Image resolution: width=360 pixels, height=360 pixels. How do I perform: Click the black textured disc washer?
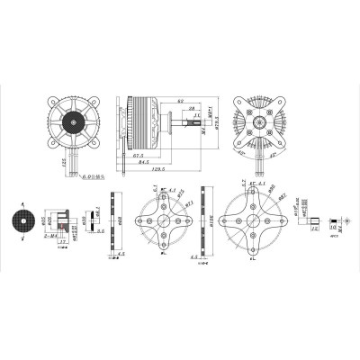[20, 221]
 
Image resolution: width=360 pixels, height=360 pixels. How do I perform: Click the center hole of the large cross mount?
[258, 221]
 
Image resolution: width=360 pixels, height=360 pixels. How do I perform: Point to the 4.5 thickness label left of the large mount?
[196, 257]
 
